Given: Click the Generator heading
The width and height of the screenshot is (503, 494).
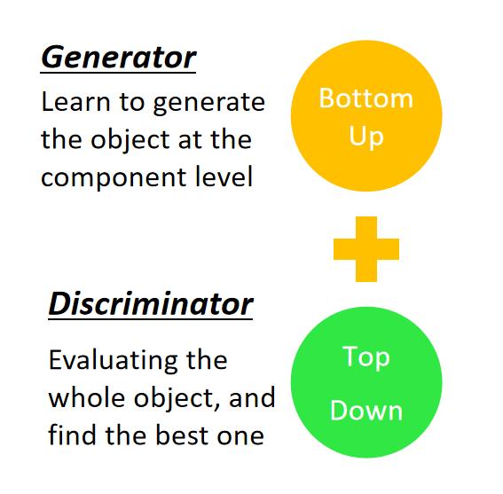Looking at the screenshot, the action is click(118, 58).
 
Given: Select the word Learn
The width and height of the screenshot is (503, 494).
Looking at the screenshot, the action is click(75, 102).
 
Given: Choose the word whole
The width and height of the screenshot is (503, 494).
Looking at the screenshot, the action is click(86, 397).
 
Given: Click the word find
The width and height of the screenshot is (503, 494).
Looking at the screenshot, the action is click(72, 434).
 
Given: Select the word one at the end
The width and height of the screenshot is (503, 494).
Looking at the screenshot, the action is click(240, 437).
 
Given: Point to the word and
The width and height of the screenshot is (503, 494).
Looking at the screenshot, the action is click(252, 397).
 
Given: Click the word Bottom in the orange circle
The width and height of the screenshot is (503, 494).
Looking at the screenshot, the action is click(366, 98).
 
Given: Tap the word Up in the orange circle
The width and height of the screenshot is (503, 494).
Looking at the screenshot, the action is click(366, 137).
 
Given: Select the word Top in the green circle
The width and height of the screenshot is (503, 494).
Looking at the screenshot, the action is click(366, 357).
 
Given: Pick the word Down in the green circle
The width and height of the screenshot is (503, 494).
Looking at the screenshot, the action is click(366, 411).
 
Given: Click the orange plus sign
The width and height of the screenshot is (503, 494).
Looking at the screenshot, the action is click(366, 249).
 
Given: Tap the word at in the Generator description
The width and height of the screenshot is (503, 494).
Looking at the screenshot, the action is click(190, 141).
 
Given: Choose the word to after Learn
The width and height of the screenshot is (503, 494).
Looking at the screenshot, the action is click(131, 103).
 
